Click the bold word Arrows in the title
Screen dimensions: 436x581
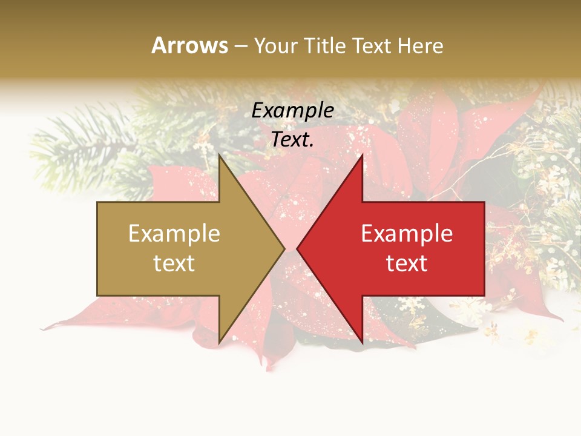(x=190, y=45)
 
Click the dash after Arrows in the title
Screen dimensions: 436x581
(x=240, y=46)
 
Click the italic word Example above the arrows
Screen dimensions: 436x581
(x=292, y=111)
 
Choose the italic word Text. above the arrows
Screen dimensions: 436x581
(x=292, y=139)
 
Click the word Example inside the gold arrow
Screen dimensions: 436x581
(x=174, y=234)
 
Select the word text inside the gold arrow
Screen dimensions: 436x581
(x=174, y=263)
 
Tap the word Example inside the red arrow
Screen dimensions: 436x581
(x=407, y=234)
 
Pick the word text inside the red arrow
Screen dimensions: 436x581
(x=407, y=263)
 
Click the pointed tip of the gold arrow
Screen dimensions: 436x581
(x=284, y=248)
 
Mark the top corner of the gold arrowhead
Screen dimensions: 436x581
(x=219, y=155)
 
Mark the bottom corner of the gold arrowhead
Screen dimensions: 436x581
(x=219, y=343)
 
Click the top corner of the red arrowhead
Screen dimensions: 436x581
(x=362, y=155)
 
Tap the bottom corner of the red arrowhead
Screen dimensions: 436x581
(x=362, y=343)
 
